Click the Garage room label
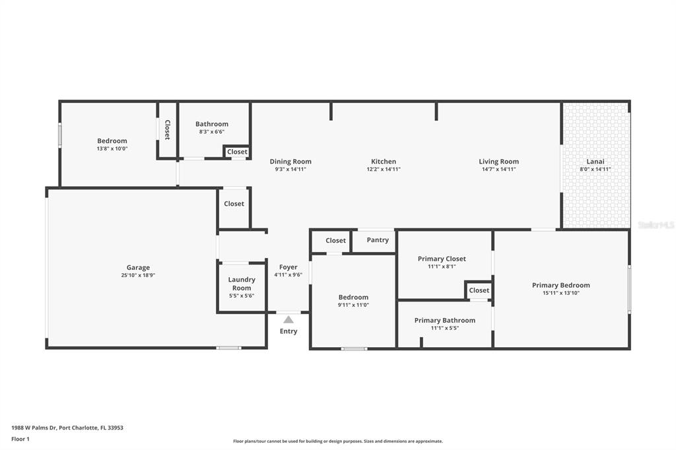(138, 268)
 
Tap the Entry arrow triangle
(288, 319)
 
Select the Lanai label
(595, 162)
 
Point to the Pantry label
(378, 240)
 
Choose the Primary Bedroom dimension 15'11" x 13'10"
(560, 293)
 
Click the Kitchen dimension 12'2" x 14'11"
(384, 169)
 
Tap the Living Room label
(498, 162)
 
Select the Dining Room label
(290, 162)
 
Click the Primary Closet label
(442, 259)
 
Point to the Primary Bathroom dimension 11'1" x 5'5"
(444, 328)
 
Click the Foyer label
(288, 267)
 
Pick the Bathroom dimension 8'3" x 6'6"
(212, 131)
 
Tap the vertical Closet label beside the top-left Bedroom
(167, 130)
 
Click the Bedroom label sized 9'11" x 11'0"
(353, 297)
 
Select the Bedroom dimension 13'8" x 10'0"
(112, 148)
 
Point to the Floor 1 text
(20, 439)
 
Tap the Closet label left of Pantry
(335, 241)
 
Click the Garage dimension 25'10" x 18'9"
(138, 275)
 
